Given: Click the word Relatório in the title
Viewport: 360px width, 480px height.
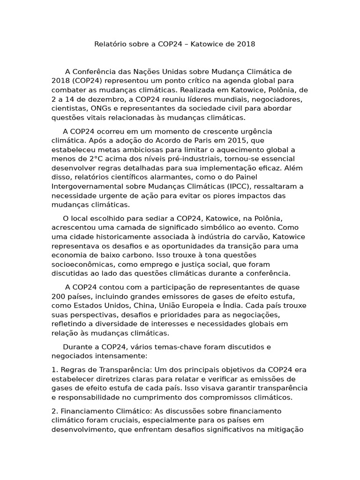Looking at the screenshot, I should (x=110, y=44).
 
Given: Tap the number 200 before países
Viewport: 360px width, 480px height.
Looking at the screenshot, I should (x=59, y=297).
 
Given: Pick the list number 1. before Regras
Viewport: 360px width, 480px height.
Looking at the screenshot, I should (x=54, y=370).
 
